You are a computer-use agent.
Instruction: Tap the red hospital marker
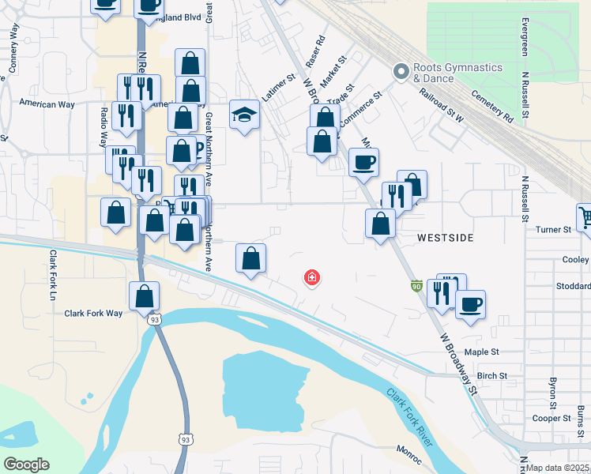313,277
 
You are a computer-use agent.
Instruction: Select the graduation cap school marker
245,115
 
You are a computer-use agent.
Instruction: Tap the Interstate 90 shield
416,285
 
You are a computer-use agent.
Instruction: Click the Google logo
26,464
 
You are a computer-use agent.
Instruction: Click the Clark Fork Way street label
93,314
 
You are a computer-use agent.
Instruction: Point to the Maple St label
483,352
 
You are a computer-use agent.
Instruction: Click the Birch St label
491,376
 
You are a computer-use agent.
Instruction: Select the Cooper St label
551,418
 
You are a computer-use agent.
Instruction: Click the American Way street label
48,103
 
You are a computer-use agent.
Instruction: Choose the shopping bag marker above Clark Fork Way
145,299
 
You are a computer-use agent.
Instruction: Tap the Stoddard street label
573,286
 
